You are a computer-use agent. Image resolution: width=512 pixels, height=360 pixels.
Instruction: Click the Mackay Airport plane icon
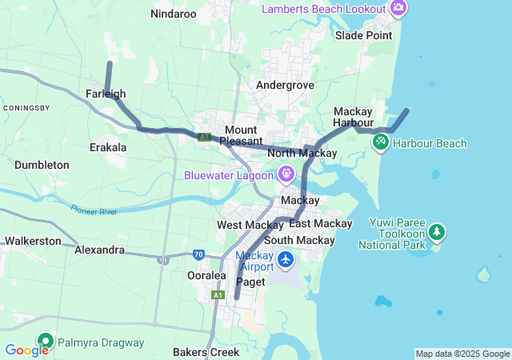click(x=286, y=260)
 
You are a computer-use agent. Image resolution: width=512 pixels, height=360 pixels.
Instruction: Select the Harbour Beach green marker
click(x=381, y=143)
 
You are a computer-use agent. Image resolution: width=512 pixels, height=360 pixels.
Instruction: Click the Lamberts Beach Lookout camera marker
click(x=398, y=9)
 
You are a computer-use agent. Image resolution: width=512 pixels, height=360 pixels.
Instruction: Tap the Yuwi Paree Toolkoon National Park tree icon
click(x=437, y=232)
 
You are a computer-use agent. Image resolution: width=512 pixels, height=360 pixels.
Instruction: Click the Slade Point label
click(x=364, y=35)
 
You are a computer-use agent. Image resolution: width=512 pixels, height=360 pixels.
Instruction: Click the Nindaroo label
click(x=174, y=14)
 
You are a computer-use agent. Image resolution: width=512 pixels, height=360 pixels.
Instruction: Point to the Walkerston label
click(x=33, y=240)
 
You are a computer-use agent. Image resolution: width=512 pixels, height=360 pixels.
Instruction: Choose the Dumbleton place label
click(x=42, y=165)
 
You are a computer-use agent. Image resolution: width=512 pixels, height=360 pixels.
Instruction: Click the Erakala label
click(x=108, y=147)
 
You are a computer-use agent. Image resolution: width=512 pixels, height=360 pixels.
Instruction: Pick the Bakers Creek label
click(x=207, y=352)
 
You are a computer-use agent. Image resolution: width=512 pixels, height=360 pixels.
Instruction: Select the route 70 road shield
click(x=198, y=254)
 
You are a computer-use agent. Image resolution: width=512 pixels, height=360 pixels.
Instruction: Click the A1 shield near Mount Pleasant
click(x=205, y=138)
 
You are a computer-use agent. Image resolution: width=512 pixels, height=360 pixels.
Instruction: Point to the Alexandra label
click(x=99, y=250)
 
